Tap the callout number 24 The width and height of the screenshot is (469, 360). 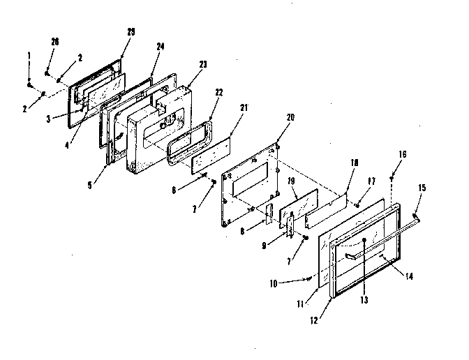point(161,47)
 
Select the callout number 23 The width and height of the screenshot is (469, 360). point(202,63)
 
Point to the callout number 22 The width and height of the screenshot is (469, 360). point(218,91)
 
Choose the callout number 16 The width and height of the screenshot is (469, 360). point(403,154)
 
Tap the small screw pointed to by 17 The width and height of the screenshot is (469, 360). point(357,203)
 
